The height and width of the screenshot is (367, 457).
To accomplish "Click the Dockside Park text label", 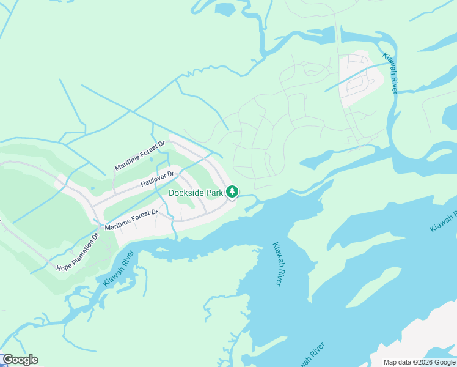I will point(196,192).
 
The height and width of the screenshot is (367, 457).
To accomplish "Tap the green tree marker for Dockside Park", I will point(232,192).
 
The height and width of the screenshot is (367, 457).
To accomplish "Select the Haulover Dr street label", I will point(158,179).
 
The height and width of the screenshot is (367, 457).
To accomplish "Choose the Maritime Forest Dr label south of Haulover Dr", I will point(131,220).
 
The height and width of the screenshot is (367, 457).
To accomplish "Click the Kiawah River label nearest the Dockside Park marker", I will point(277,264).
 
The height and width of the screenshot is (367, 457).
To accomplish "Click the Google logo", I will point(20,360).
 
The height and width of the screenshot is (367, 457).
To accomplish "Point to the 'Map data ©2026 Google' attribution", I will point(418,362).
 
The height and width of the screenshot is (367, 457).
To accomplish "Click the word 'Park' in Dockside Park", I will point(213,192).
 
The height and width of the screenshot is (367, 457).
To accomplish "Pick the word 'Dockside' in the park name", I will point(186,192).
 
